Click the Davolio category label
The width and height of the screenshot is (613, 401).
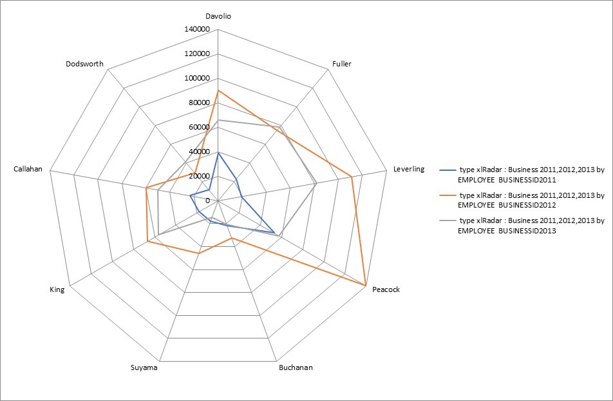[x=218, y=16]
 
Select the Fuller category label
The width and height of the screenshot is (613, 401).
[x=342, y=64]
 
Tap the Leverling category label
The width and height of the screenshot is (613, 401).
[x=408, y=169]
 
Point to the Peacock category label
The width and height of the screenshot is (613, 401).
[x=386, y=289]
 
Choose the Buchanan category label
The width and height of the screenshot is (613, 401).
[x=296, y=367]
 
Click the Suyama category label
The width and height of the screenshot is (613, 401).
[x=144, y=367]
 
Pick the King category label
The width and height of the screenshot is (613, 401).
[x=57, y=289]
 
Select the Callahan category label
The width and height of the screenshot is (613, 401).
[x=28, y=169]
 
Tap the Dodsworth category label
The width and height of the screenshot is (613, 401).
[x=84, y=64]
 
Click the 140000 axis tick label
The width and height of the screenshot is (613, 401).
[x=197, y=30]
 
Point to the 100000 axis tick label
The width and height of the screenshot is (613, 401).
[x=197, y=78]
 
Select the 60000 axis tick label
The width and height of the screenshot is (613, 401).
[x=199, y=127]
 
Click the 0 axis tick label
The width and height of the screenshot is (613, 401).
[x=207, y=200]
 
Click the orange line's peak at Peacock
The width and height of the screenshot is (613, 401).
[x=365, y=285]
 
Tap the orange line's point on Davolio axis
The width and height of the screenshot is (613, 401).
[x=218, y=90]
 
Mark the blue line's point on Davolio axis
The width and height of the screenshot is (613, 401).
[x=218, y=153]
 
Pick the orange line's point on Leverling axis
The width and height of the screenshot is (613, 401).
[x=352, y=177]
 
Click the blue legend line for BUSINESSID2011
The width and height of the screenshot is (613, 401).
[x=448, y=170]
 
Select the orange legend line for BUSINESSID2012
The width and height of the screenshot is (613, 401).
[x=448, y=195]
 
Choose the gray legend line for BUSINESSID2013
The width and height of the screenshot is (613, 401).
[x=448, y=221]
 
